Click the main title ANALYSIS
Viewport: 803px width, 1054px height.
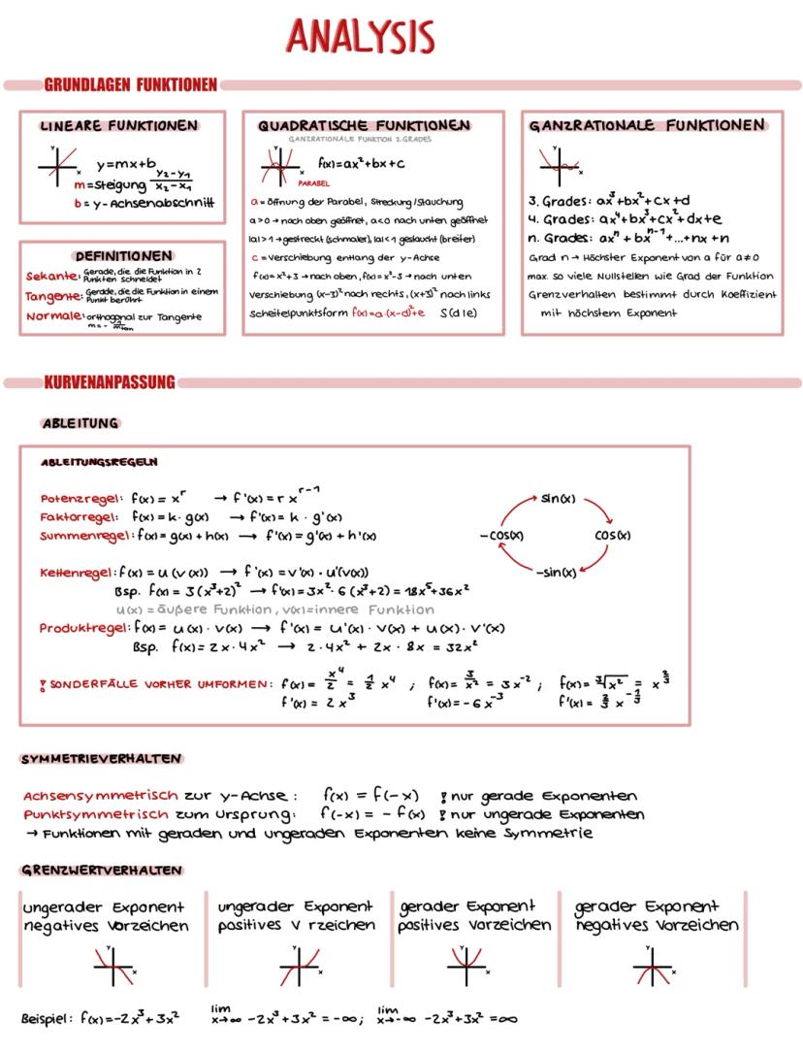tap(360, 36)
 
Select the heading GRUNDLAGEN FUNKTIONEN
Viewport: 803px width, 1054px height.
tap(130, 85)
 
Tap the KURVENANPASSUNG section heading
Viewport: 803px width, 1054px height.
tap(109, 382)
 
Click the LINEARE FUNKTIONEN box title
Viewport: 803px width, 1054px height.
tap(119, 126)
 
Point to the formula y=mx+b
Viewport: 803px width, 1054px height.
tap(126, 164)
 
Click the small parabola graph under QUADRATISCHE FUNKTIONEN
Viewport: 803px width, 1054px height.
tap(276, 168)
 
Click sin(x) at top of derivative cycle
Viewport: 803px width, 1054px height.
tap(559, 499)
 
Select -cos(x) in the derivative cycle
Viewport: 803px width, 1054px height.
tap(501, 535)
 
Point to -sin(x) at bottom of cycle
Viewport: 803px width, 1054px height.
tap(556, 571)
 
